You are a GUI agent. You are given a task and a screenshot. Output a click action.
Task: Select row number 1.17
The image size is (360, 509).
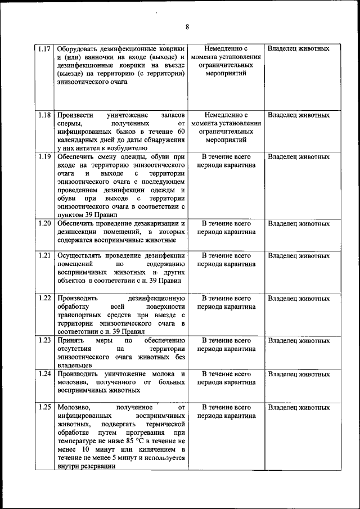click(x=45, y=48)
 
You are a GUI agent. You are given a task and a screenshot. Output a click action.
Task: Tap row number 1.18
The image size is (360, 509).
click(x=45, y=115)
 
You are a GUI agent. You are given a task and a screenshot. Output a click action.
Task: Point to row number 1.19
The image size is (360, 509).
click(x=45, y=157)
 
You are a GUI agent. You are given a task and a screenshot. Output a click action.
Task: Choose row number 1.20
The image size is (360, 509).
click(x=45, y=223)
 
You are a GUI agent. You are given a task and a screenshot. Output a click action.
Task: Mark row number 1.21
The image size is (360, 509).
click(x=45, y=255)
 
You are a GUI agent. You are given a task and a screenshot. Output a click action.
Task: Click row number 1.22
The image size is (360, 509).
click(x=45, y=298)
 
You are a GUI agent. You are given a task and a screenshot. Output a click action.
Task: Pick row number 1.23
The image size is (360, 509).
click(x=45, y=340)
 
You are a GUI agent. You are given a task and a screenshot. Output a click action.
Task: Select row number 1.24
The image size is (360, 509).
click(x=45, y=373)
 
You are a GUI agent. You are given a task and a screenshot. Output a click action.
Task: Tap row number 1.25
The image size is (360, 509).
click(x=45, y=407)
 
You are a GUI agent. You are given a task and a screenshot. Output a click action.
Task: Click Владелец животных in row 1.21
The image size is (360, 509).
click(x=299, y=256)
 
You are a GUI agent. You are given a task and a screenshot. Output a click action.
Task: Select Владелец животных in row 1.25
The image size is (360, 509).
click(x=299, y=407)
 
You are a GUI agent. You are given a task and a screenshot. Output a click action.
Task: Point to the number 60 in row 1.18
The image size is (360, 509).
click(x=180, y=131)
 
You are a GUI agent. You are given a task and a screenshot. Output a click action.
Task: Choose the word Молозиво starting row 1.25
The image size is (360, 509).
click(x=75, y=407)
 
